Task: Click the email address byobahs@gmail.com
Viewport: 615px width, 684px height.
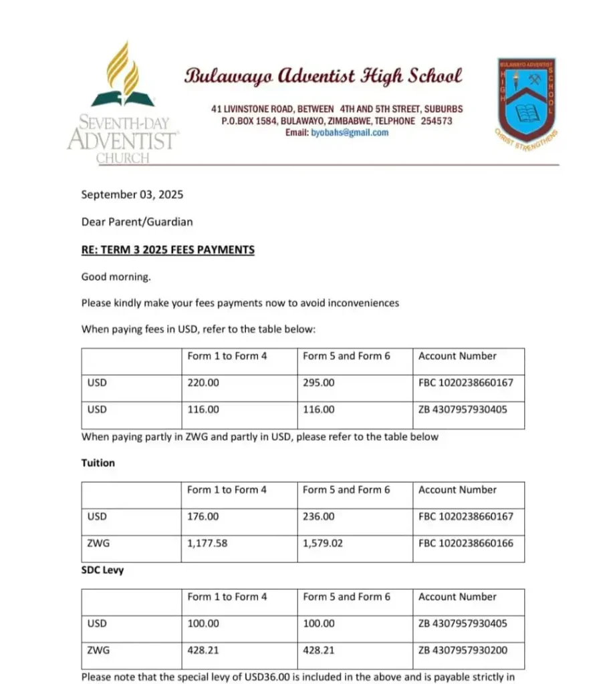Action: pos(350,133)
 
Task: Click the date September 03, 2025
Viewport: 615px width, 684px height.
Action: pos(132,195)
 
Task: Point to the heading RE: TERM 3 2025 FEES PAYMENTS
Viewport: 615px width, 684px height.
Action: pos(168,250)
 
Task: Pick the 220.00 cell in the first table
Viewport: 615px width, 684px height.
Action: pos(203,383)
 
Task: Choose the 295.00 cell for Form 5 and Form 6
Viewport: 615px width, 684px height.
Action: pos(319,383)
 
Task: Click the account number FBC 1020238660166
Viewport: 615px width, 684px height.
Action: pos(466,543)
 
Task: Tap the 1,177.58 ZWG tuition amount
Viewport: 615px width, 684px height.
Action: pos(207,543)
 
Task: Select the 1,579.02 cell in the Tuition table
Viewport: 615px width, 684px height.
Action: pos(323,543)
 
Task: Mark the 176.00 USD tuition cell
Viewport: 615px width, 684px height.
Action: pos(203,516)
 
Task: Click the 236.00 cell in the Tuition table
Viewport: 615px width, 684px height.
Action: pos(319,516)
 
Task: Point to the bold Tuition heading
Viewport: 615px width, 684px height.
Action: pos(98,463)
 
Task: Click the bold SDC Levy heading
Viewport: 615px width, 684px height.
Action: pos(103,570)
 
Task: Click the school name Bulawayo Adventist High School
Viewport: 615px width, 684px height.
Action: pos(323,75)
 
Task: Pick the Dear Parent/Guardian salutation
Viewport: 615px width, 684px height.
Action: pos(137,222)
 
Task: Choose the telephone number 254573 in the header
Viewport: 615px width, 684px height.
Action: pos(433,122)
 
